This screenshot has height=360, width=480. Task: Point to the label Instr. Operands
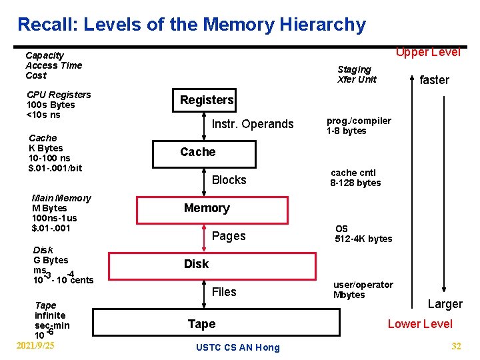point(252,124)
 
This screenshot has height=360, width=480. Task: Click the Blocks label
point(229,180)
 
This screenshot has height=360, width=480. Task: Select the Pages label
point(228,236)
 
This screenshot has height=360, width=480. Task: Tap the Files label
point(224,292)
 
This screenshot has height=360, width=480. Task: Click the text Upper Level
point(428,52)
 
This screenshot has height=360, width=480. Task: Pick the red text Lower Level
point(420,324)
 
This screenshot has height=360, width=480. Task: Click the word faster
point(434,80)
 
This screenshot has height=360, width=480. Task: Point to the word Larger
point(445,304)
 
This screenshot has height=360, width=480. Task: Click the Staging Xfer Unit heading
point(357,74)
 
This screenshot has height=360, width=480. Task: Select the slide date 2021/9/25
point(35,345)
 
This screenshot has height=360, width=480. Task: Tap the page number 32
point(456,346)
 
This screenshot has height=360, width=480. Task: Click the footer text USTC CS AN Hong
point(238,347)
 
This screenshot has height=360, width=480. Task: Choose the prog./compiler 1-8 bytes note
point(358,126)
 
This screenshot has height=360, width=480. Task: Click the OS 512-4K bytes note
point(363,234)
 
